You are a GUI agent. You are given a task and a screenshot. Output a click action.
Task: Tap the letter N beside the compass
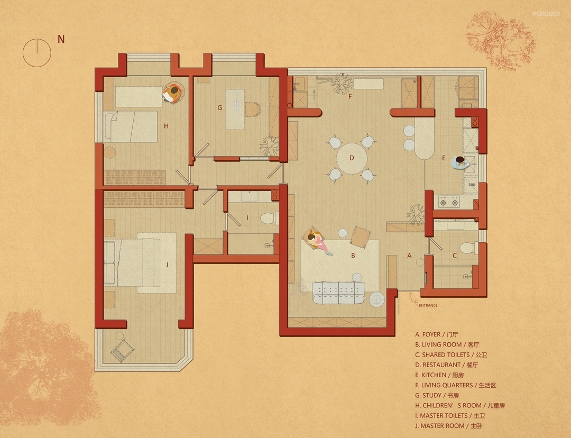pyautogui.click(x=61, y=39)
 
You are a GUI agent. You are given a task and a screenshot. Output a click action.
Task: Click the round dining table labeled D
pyautogui.click(x=352, y=159)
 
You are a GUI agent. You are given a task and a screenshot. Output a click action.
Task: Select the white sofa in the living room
pyautogui.click(x=339, y=293)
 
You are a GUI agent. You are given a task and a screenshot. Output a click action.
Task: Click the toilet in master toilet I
pyautogui.click(x=269, y=218)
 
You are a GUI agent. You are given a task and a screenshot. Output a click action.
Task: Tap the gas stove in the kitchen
pyautogui.click(x=449, y=201)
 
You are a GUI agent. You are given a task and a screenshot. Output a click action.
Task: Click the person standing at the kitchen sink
pyautogui.click(x=460, y=162)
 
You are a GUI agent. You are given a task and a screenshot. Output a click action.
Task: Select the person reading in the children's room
pyautogui.click(x=173, y=93)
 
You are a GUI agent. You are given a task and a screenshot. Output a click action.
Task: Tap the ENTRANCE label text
pyautogui.click(x=428, y=305)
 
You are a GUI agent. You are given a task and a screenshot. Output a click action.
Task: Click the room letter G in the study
pyautogui.click(x=219, y=107)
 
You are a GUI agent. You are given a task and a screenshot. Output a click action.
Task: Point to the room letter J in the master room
pyautogui.click(x=167, y=265)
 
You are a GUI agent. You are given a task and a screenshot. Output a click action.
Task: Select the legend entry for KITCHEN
pyautogui.click(x=439, y=375)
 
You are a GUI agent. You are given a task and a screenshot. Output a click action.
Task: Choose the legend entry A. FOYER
pyautogui.click(x=437, y=334)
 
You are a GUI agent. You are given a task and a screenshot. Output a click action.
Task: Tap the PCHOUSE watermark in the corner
pyautogui.click(x=546, y=14)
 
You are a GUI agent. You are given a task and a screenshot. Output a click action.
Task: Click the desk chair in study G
pyautogui.click(x=253, y=109)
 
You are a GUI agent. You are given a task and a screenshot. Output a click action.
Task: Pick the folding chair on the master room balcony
pyautogui.click(x=122, y=350)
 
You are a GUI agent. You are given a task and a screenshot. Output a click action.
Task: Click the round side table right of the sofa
pyautogui.click(x=377, y=299)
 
